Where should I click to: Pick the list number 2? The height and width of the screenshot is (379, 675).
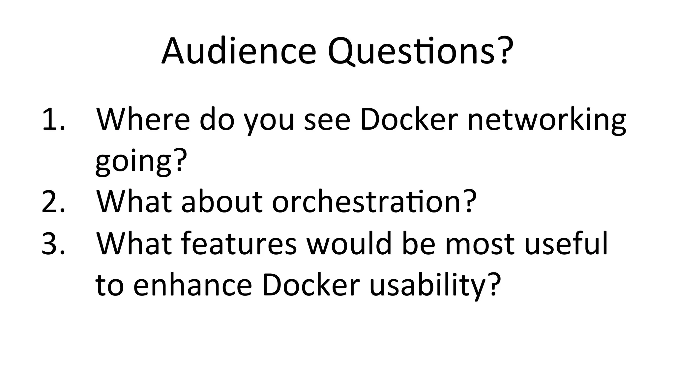click(x=53, y=202)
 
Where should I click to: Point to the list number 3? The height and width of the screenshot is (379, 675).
click(x=53, y=244)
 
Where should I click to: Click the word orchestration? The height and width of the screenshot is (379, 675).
click(x=366, y=202)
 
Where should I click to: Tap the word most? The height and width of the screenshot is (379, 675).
click(x=480, y=244)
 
